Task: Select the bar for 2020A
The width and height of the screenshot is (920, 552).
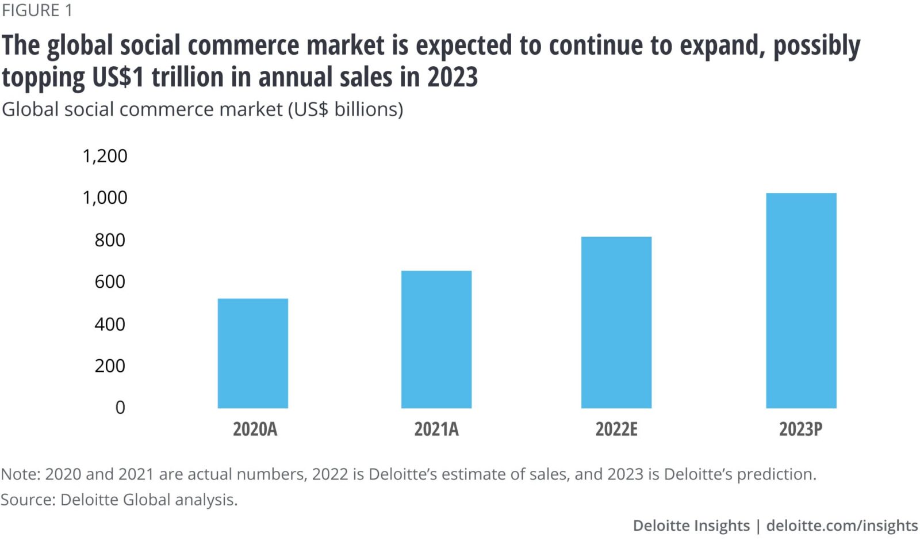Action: coord(252,353)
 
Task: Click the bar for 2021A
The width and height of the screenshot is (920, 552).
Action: coord(436,339)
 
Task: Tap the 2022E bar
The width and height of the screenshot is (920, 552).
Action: coord(616,322)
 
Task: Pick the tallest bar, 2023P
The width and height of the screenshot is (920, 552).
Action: coord(800,300)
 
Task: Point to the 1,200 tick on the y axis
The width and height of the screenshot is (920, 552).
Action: coord(105,156)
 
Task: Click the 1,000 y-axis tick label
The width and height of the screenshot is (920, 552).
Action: coord(105,197)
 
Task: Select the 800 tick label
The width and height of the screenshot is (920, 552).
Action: coord(110,239)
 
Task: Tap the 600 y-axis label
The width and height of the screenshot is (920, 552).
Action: coord(110,281)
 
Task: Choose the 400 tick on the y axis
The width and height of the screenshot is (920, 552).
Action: coord(110,324)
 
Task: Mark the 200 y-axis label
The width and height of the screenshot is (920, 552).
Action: coord(110,366)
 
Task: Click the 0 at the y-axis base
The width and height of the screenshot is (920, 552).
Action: coord(120,408)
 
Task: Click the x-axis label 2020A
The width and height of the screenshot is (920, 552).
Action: coord(255,429)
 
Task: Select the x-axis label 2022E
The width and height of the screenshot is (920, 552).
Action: coord(616,429)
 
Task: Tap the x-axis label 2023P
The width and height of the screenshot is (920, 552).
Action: coord(800,429)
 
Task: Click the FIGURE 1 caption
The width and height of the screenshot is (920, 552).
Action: coord(37,10)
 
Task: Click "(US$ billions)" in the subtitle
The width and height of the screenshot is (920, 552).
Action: coord(345,109)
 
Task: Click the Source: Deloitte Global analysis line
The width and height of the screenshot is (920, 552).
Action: coord(119,500)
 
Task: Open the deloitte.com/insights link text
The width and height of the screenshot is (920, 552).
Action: coord(842,526)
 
